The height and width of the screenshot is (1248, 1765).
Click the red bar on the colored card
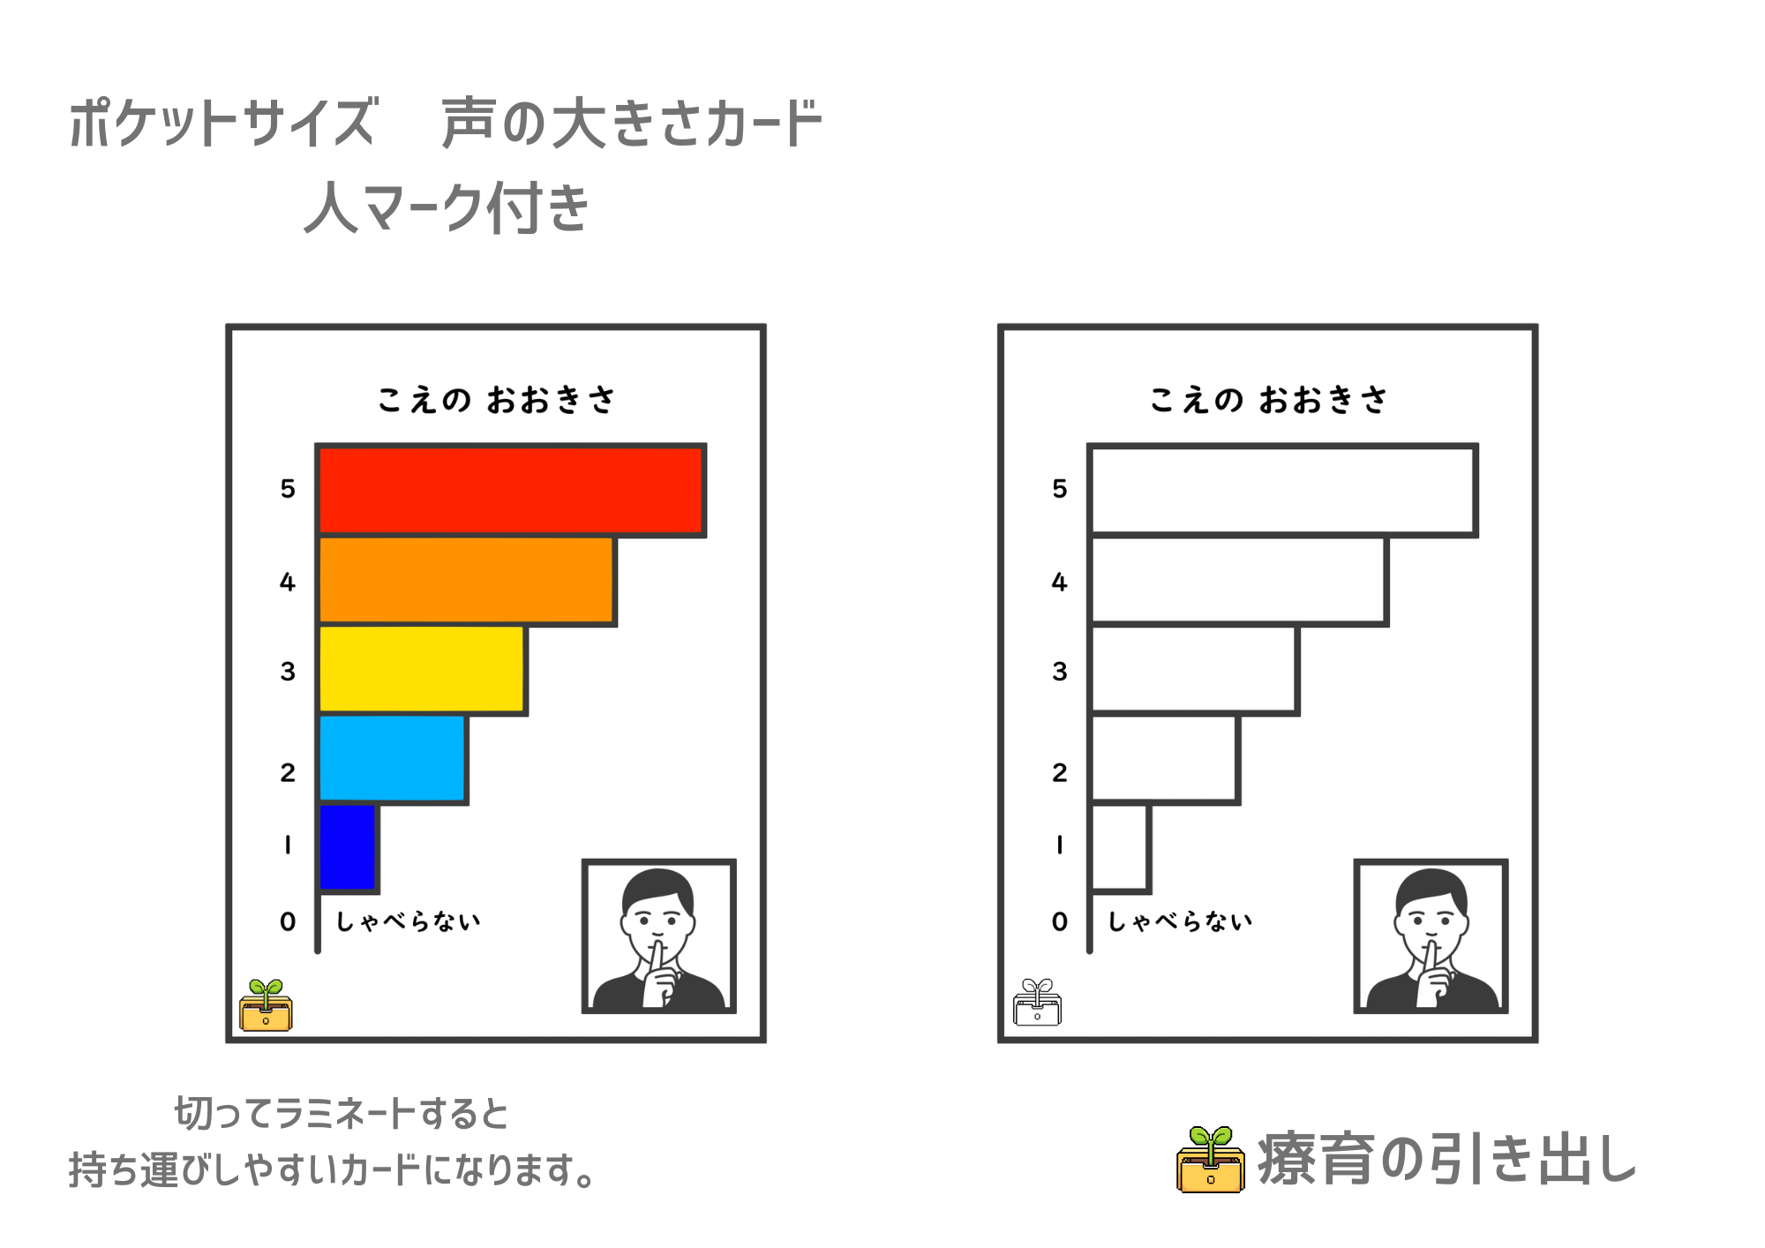510,490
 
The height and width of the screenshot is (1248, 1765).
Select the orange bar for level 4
466,581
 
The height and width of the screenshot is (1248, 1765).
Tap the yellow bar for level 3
421,670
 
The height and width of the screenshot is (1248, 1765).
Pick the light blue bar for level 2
392,759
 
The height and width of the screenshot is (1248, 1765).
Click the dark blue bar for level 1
348,847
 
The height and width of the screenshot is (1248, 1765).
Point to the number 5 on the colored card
288,489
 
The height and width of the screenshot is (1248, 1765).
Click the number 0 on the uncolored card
1060,921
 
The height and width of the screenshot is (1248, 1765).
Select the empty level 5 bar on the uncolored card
1282,490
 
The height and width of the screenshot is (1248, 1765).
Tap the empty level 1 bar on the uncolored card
1120,847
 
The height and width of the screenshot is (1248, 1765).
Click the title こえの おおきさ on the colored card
496,400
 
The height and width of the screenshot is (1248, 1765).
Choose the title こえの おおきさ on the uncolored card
1268,400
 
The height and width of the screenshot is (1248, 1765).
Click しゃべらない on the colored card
409,921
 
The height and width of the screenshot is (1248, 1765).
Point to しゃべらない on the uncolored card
1181,921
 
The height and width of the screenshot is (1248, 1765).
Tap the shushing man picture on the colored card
659,936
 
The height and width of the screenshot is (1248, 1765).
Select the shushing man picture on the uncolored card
1431,936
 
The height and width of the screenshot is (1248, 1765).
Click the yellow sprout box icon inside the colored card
266,1005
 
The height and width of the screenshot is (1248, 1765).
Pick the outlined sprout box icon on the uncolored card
1038,1003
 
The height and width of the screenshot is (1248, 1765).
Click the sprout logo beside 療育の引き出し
1211,1160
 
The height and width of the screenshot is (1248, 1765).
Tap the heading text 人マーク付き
447,207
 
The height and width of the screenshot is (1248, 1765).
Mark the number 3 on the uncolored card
1060,672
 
